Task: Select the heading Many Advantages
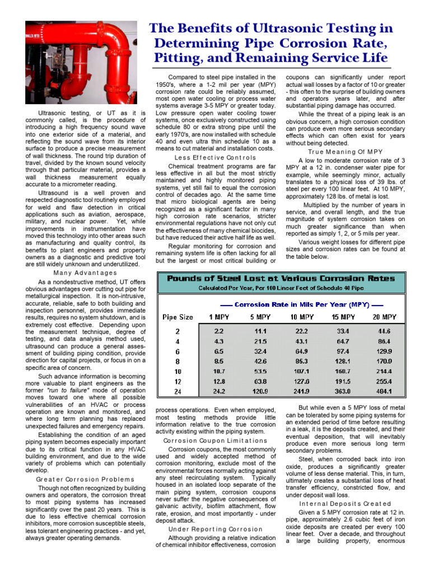[85, 273]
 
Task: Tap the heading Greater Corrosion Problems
[85, 479]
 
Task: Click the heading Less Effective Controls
[215, 157]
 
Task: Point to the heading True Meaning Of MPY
[345, 152]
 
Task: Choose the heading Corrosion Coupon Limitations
[215, 440]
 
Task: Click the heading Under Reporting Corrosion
[215, 529]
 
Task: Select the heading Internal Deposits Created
[345, 504]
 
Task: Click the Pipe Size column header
[177, 317]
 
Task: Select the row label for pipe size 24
[177, 391]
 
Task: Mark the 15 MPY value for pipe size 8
[343, 361]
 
